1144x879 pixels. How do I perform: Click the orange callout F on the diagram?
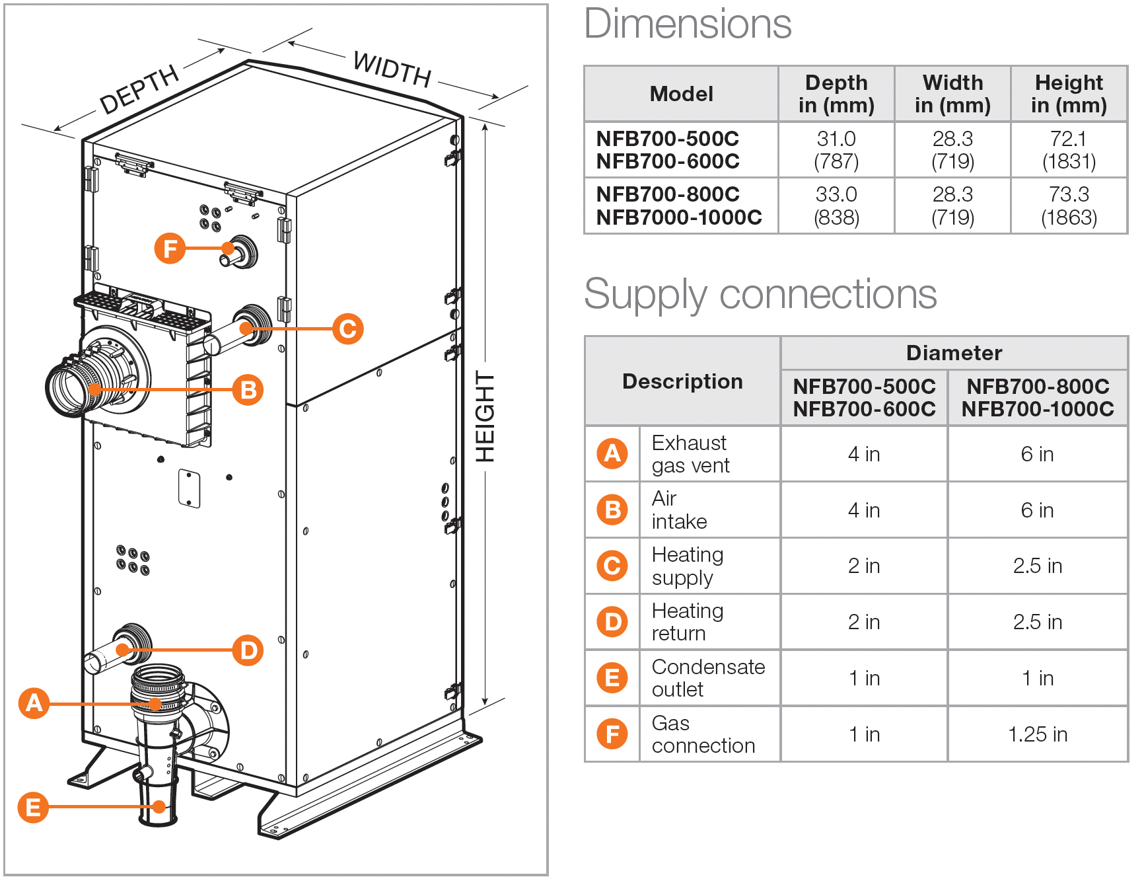click(x=170, y=248)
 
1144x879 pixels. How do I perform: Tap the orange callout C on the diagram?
click(x=348, y=328)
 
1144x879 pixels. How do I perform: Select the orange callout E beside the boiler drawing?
click(x=33, y=807)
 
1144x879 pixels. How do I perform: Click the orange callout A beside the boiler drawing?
click(x=34, y=703)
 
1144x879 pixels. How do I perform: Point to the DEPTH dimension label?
click(x=139, y=89)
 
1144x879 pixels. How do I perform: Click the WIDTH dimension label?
click(x=392, y=69)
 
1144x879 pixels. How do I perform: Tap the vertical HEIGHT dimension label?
click(x=485, y=416)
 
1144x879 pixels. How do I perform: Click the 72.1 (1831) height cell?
click(x=1068, y=150)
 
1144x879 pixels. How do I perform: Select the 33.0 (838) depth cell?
click(x=836, y=206)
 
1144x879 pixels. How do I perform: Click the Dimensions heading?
click(x=688, y=24)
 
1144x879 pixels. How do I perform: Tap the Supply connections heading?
click(x=760, y=294)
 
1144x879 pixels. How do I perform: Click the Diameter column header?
click(x=953, y=353)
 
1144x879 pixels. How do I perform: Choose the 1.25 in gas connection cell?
click(x=1037, y=734)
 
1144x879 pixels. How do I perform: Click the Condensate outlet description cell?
click(x=708, y=678)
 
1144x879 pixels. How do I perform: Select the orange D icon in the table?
click(x=612, y=622)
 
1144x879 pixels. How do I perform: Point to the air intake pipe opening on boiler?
click(x=70, y=389)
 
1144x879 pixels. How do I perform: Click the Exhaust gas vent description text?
click(x=690, y=454)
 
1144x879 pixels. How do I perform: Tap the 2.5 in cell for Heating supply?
click(x=1037, y=566)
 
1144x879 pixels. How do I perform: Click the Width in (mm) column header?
click(x=952, y=94)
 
